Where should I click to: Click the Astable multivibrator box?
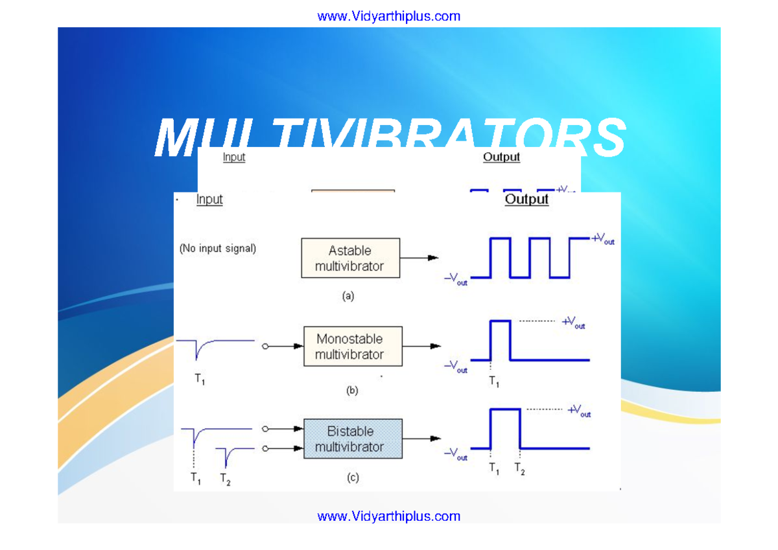[x=350, y=258]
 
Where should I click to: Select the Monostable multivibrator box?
[x=353, y=347]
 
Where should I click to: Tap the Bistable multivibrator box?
[x=353, y=439]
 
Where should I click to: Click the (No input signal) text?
[x=217, y=248]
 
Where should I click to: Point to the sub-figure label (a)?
[x=348, y=296]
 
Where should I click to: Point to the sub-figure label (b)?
[x=352, y=391]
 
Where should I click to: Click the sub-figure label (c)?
[x=352, y=478]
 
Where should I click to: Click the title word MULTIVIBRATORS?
[x=390, y=137]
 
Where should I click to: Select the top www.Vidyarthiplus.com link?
[x=388, y=16]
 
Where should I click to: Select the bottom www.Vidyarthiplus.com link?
[x=388, y=516]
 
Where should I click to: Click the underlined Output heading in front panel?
[x=526, y=200]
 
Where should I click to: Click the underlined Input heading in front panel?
[x=209, y=200]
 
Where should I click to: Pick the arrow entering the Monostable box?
[x=285, y=347]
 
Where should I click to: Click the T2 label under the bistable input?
[x=225, y=479]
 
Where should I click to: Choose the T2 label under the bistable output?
[x=519, y=470]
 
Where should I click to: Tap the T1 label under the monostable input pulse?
[x=200, y=380]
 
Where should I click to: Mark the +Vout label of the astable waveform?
[x=602, y=239]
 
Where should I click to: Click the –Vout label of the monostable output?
[x=455, y=367]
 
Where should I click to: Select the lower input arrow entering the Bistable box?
[x=285, y=448]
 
